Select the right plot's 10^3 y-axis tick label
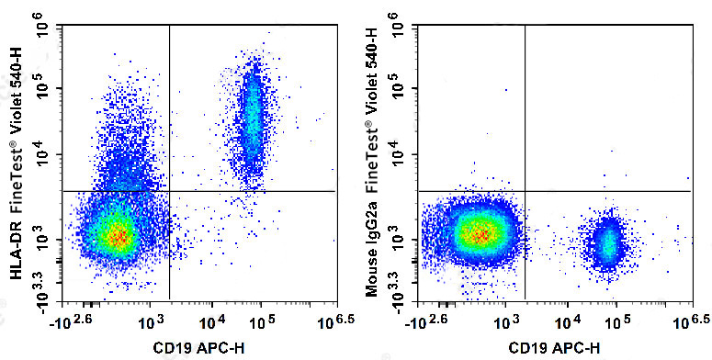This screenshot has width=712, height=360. coord(398,240)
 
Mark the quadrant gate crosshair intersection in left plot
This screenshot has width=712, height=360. coord(170,191)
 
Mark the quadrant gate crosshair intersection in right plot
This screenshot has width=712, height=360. coord(525,191)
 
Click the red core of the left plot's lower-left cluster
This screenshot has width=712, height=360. coord(116,236)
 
